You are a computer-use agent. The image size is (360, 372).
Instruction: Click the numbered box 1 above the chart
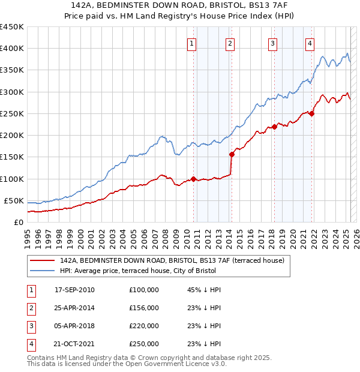click(191, 43)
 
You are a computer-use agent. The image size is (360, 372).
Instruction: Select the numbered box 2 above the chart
click(230, 43)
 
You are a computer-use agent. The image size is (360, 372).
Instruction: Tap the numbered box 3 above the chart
click(272, 43)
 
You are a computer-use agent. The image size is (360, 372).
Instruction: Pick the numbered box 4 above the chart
click(310, 43)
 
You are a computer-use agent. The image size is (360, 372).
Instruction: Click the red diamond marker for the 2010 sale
click(194, 178)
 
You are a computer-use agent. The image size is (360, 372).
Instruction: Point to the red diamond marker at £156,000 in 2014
click(232, 154)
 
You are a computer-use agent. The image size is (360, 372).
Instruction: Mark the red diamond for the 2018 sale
click(274, 127)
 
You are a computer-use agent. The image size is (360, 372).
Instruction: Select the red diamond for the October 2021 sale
click(312, 113)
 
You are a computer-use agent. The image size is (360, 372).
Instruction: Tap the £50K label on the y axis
click(14, 200)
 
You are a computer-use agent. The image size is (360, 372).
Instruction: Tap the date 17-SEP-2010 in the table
click(74, 290)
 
